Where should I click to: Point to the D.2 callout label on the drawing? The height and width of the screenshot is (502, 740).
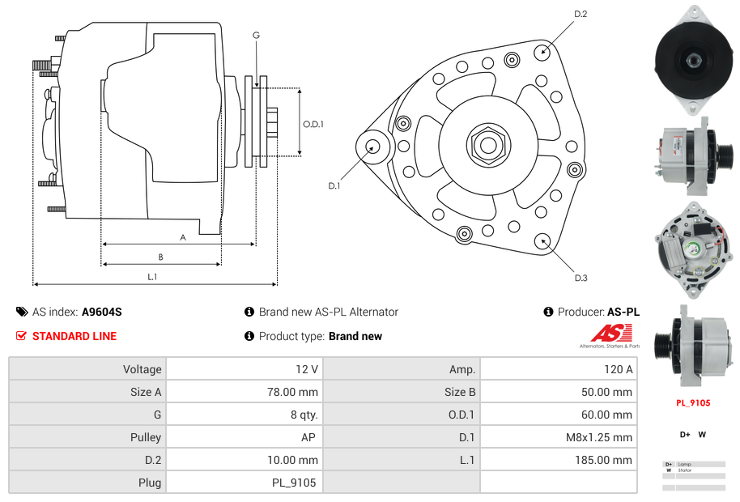point(581,14)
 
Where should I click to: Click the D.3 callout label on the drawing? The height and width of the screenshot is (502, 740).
point(581,278)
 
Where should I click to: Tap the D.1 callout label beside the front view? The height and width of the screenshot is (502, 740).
point(334,186)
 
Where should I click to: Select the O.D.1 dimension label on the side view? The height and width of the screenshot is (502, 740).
point(313,124)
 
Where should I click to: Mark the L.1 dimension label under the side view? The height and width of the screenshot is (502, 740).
point(152,277)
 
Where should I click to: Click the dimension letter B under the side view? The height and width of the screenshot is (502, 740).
point(160,257)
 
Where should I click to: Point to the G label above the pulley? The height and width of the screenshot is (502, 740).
point(256,35)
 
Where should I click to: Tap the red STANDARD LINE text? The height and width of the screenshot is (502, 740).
point(74,336)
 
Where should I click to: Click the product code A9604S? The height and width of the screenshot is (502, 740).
point(101,312)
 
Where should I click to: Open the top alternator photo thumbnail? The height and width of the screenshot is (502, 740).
point(693,58)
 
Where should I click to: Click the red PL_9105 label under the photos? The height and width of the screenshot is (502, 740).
point(693,402)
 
